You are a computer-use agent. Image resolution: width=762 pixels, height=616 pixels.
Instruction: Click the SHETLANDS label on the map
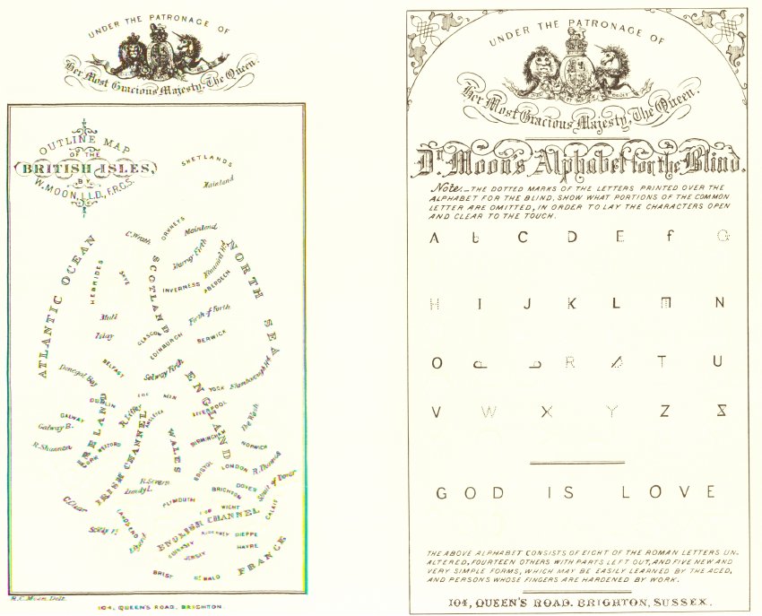207,162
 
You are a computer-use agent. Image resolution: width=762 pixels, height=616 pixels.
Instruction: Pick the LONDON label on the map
234,468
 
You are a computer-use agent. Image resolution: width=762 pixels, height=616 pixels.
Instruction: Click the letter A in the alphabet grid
436,239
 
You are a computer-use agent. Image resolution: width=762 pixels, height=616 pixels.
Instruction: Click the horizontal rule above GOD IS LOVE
576,463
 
